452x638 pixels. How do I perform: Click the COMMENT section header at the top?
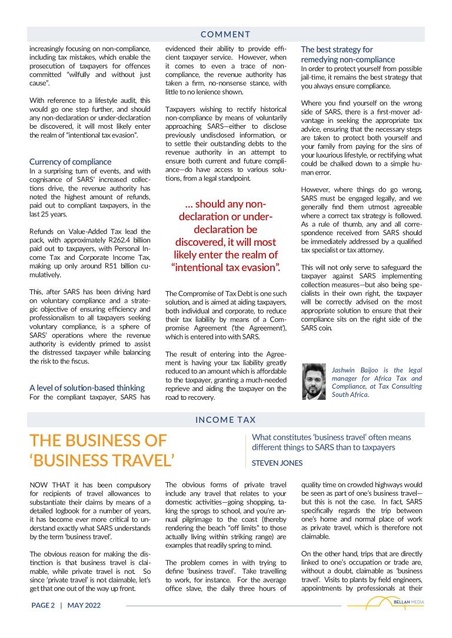[x=225, y=35]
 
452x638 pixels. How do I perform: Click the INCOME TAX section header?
[x=225, y=420]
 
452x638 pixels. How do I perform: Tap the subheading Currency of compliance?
[x=70, y=162]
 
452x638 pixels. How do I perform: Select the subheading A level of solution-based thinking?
[x=87, y=388]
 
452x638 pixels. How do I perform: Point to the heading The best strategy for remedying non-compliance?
[x=347, y=55]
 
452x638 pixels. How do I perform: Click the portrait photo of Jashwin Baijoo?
[x=313, y=382]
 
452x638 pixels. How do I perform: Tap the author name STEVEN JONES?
[x=277, y=463]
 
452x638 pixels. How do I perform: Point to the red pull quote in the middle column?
[x=226, y=236]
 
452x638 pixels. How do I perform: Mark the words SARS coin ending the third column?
[x=316, y=328]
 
